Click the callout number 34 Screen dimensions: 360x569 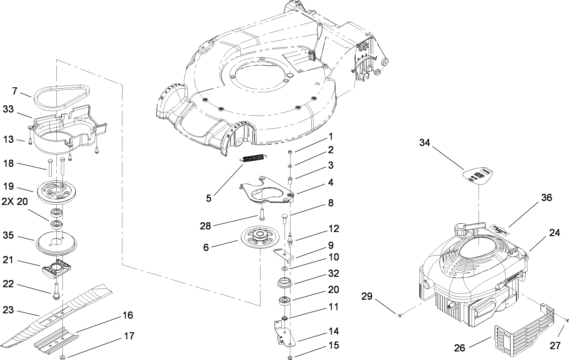(x=425, y=143)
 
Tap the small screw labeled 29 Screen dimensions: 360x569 (x=400, y=315)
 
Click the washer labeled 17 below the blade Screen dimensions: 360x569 (x=61, y=356)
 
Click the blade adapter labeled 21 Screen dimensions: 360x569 (x=57, y=269)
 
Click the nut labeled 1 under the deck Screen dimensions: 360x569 (x=289, y=152)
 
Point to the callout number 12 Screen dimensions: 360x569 (x=334, y=228)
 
